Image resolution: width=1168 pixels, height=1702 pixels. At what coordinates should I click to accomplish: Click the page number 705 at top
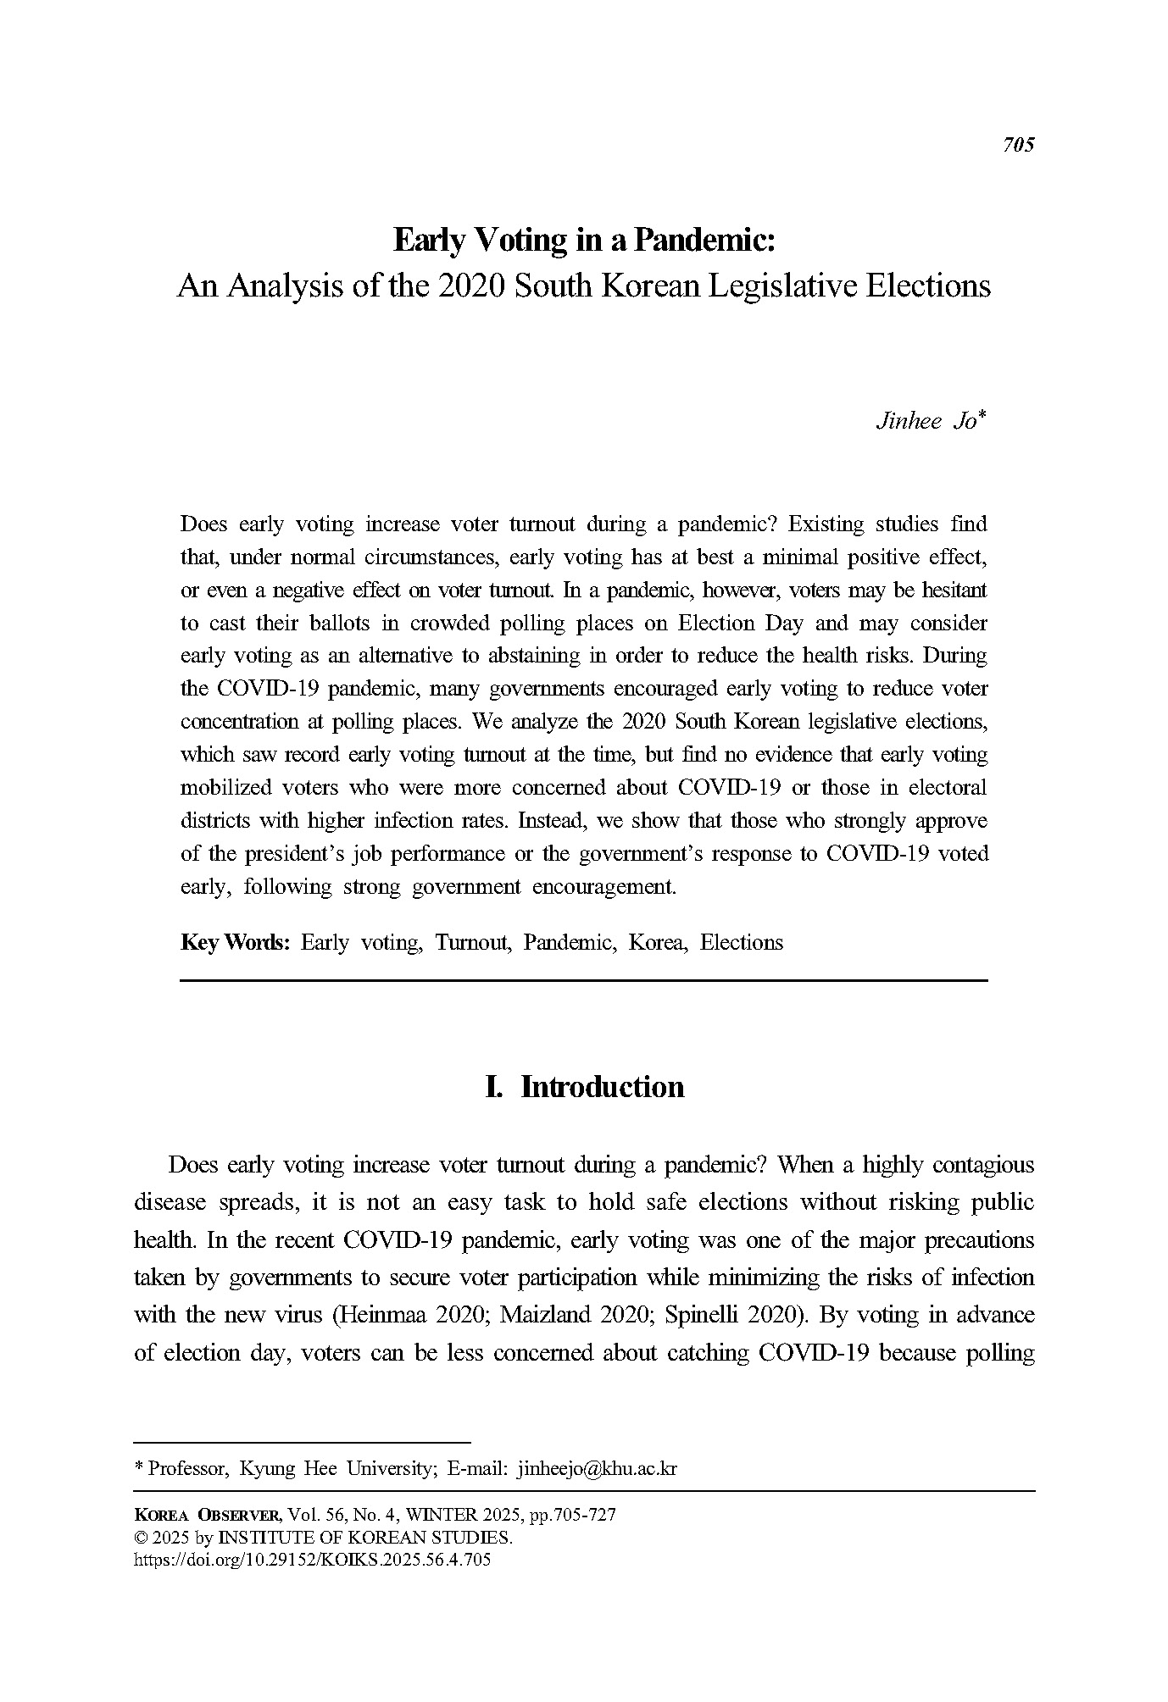click(1018, 145)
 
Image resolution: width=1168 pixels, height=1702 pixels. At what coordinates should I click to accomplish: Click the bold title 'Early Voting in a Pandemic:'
click(584, 241)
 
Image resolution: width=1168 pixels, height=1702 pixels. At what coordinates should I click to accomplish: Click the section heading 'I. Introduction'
click(584, 1087)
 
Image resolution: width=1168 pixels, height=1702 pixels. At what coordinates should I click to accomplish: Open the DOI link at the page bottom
click(313, 1560)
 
